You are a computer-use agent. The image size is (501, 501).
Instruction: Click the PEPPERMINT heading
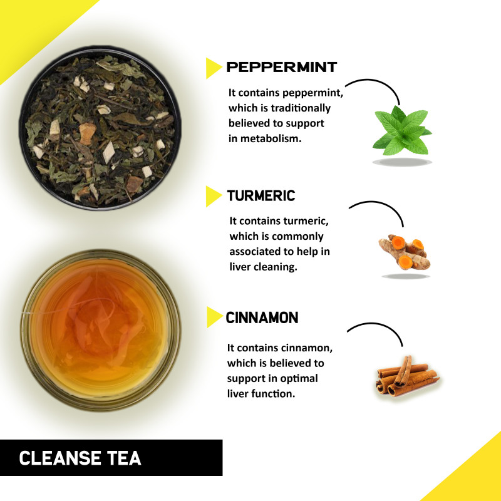[x=281, y=67]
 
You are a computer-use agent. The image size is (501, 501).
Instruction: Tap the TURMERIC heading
[x=261, y=195]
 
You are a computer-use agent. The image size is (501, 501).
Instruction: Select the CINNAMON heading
[x=262, y=318]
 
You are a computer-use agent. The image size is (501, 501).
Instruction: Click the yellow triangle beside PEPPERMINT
[x=214, y=68]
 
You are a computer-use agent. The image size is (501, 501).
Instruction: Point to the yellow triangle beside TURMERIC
[x=214, y=196]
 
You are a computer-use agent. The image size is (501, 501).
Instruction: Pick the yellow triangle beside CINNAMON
[x=214, y=317]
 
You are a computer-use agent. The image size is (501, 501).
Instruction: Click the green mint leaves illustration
[x=402, y=131]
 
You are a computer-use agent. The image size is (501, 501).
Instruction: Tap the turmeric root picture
[x=405, y=252]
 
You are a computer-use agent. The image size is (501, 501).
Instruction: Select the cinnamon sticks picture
[x=408, y=376]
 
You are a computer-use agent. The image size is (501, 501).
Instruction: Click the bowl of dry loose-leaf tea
[x=100, y=128]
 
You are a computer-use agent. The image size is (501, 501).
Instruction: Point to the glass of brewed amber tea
[x=101, y=330]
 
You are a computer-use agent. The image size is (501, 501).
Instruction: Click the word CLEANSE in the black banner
[x=59, y=458]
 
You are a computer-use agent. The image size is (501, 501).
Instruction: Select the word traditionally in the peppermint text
[x=301, y=108]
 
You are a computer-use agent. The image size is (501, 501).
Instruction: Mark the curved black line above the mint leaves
[x=379, y=82]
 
